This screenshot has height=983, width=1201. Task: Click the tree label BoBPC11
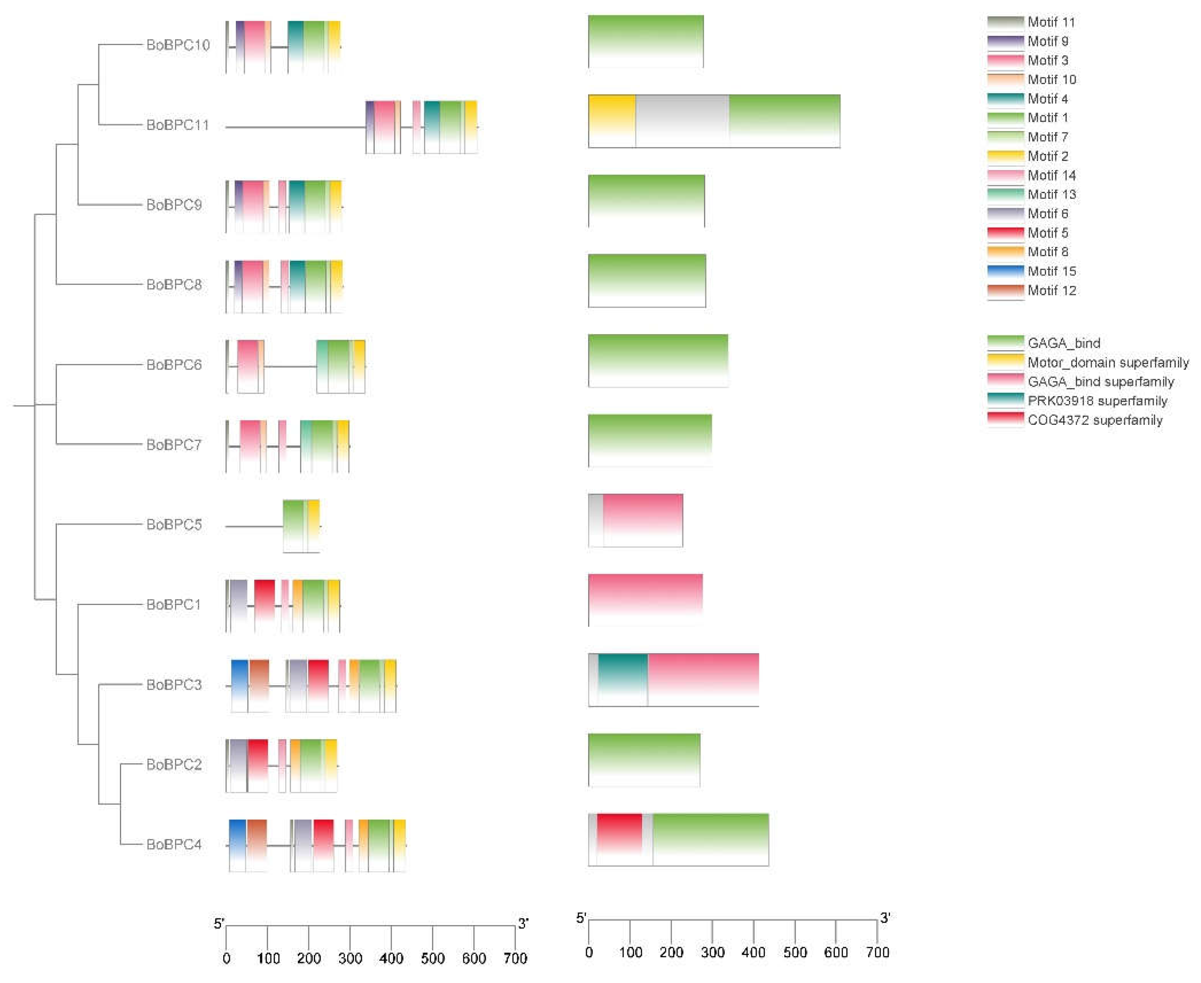coord(177,124)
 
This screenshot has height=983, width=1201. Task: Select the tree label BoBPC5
coord(174,524)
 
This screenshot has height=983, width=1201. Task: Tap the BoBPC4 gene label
coord(174,844)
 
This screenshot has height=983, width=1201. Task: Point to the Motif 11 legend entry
coord(1051,22)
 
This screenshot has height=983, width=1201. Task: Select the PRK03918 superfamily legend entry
coord(1097,401)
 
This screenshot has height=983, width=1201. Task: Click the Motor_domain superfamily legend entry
coord(1108,362)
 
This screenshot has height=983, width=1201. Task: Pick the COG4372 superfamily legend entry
coord(1095,420)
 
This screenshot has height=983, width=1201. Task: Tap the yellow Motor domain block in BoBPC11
coord(612,121)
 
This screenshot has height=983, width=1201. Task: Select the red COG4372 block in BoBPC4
coord(619,839)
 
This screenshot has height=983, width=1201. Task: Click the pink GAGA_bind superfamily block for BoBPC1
coord(645,600)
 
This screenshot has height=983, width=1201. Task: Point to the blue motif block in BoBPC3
coord(240,685)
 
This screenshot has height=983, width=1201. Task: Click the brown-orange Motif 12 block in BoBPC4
coord(256,845)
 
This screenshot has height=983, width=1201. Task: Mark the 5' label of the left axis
coord(219,924)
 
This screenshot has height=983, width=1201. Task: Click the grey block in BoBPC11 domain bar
coord(682,121)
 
